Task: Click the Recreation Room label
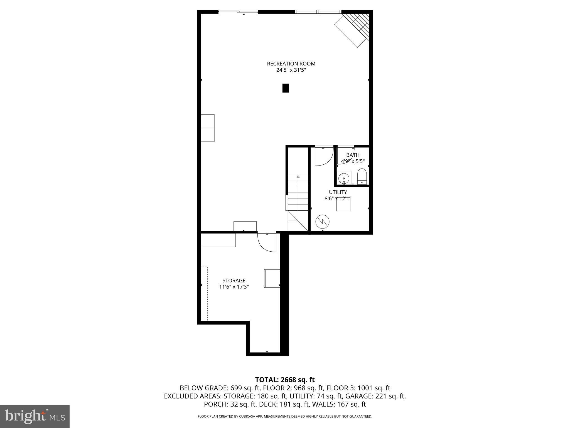tap(291, 64)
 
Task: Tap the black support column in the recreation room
tap(286, 88)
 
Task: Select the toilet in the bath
tap(362, 176)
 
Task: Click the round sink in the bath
tap(344, 178)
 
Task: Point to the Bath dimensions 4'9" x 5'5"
tap(353, 161)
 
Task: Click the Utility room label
tap(338, 192)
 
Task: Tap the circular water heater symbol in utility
tap(322, 222)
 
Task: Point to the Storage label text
tap(234, 280)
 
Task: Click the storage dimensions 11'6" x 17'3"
tap(234, 287)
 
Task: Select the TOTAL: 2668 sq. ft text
tap(285, 380)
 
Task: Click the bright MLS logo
tap(35, 416)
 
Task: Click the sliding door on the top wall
tap(238, 12)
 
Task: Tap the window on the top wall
tap(318, 12)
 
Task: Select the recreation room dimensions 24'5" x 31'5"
tap(291, 70)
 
